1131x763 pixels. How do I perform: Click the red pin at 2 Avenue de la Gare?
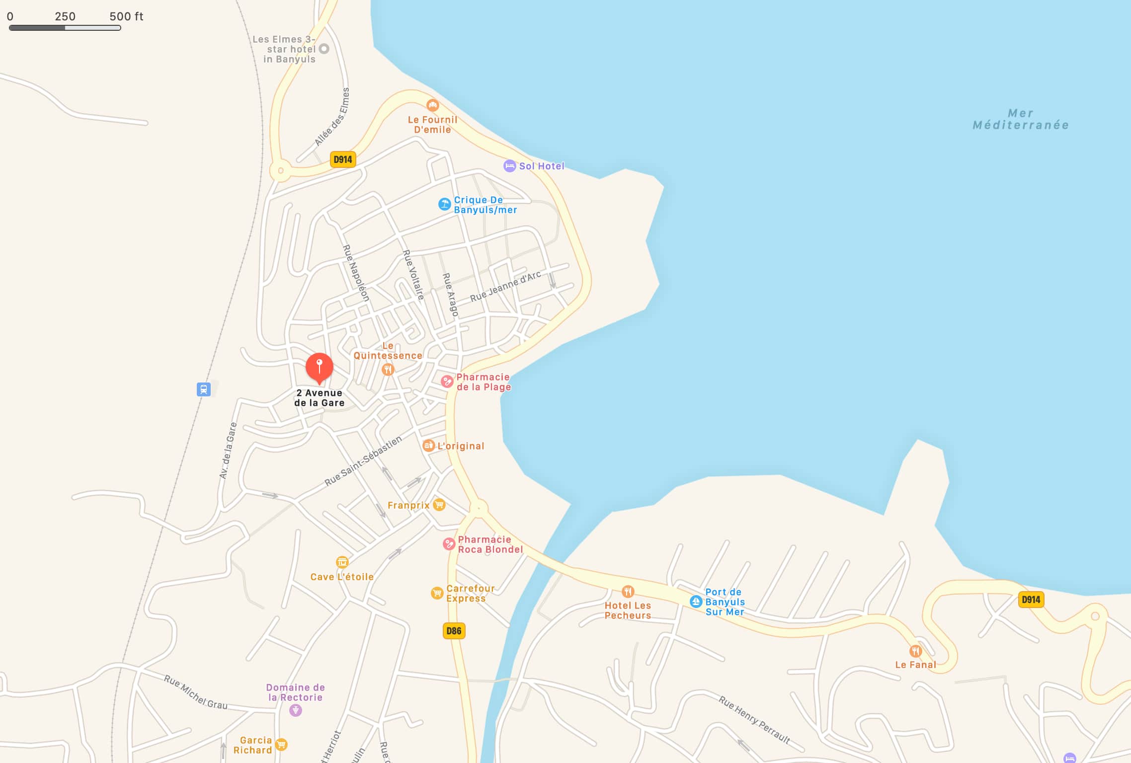coord(319,368)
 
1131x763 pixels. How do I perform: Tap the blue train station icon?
coord(203,389)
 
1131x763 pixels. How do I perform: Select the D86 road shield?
coord(454,631)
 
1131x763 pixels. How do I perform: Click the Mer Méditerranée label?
coord(1021,119)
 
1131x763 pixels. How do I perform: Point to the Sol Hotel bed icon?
coord(509,166)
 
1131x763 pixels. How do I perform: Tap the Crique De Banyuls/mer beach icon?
coord(444,204)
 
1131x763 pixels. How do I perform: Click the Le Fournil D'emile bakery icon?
coord(433,105)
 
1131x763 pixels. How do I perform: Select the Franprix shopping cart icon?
coord(439,505)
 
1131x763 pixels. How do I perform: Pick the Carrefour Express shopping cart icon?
coord(437,593)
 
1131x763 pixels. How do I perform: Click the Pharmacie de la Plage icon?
coord(447,381)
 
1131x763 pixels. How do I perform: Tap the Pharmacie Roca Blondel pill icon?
coord(449,544)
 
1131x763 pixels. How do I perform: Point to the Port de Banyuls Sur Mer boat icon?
coord(696,602)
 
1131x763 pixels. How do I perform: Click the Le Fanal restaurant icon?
coord(915,651)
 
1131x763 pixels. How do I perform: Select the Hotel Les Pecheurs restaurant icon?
coord(628,592)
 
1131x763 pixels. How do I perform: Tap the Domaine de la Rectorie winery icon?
coord(296,710)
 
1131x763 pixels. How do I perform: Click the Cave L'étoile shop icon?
coord(342,562)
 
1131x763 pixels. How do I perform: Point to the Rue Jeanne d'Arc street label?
coord(505,287)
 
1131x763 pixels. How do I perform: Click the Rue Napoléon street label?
coord(356,273)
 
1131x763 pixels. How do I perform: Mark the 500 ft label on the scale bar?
coord(126,16)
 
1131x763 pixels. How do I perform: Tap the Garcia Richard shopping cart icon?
coord(281,745)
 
